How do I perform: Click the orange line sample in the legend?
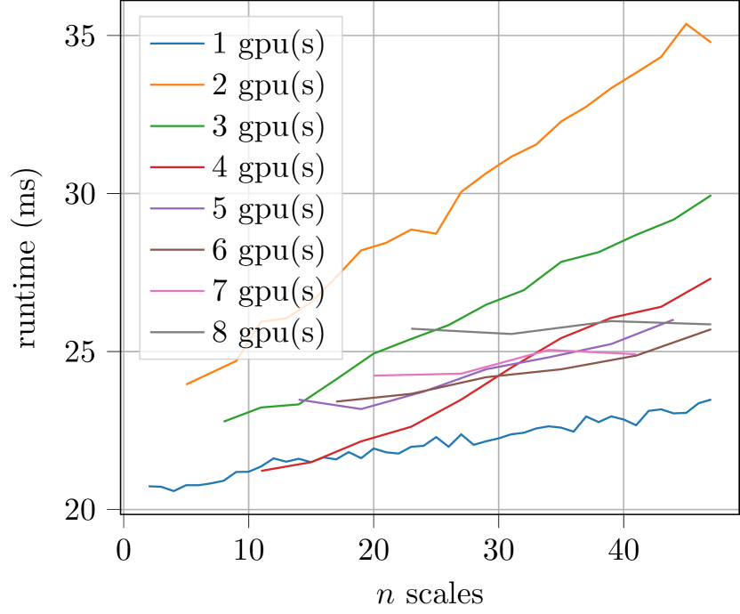coord(176,85)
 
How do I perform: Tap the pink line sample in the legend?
coord(176,292)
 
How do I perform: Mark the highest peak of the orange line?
coord(685,24)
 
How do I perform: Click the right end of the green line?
coord(711,195)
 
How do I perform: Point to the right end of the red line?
coord(711,279)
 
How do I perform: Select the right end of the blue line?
coord(711,399)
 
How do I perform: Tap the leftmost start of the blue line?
coord(149,486)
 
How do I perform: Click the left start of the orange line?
coord(186,384)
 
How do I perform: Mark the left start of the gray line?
coord(411,328)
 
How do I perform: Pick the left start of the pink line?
coord(374,376)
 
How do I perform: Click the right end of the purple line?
coord(673,319)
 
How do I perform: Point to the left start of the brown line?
coord(336,401)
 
